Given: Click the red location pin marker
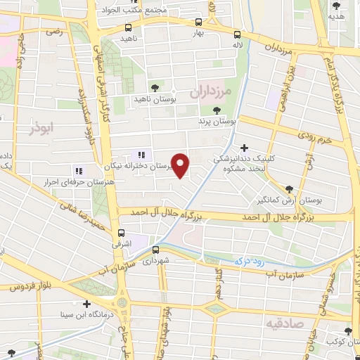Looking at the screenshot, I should tap(181, 165).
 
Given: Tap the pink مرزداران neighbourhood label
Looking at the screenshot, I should tap(210, 92).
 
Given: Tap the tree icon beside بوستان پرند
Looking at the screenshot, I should tap(217, 110).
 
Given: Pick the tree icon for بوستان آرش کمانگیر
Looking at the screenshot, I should tap(289, 188).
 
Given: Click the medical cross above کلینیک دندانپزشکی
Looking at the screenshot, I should tap(244, 148).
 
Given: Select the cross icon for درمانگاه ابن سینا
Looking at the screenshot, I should tap(86, 304).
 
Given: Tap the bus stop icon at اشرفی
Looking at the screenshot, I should tap(122, 233).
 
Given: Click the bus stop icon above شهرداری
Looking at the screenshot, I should tap(155, 249).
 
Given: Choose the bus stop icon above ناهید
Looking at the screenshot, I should tap(127, 27).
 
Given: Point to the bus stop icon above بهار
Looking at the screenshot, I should tap(198, 22).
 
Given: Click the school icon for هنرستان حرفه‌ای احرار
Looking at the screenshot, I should tap(78, 170).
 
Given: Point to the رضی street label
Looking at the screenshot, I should tap(55, 32).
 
